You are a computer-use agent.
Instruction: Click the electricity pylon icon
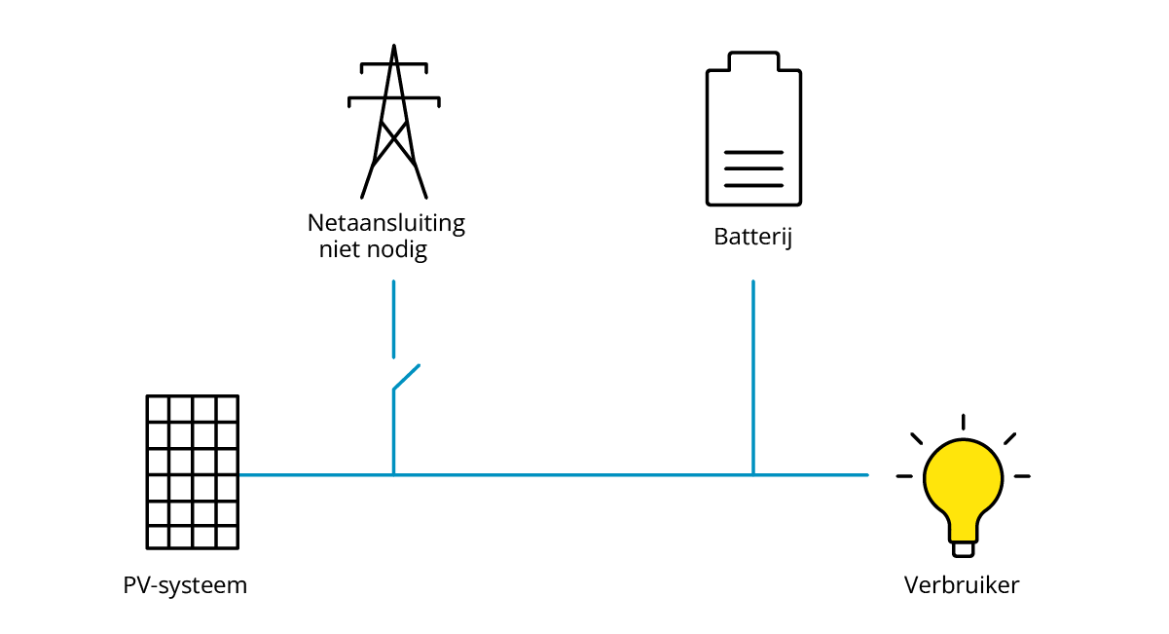click(x=393, y=122)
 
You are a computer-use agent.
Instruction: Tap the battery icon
click(x=753, y=129)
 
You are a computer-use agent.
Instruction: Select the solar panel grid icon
click(x=193, y=471)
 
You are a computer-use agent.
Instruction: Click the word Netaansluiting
click(x=386, y=223)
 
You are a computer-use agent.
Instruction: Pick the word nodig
click(x=400, y=250)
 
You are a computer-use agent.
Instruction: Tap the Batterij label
click(x=752, y=237)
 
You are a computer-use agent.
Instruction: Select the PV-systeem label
click(x=185, y=586)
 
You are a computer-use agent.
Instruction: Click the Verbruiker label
click(x=962, y=586)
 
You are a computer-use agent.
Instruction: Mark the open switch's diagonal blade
click(x=406, y=378)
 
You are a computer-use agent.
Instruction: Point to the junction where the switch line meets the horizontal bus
click(x=393, y=475)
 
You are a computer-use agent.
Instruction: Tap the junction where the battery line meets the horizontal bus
click(x=752, y=475)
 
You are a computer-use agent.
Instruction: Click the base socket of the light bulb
click(x=963, y=548)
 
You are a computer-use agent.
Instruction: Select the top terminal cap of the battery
click(x=753, y=60)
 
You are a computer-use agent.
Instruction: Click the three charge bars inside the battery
click(x=753, y=168)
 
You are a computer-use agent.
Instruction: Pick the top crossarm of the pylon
click(x=393, y=66)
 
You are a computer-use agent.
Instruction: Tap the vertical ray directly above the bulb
click(x=963, y=422)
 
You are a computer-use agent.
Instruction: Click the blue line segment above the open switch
click(x=393, y=319)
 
